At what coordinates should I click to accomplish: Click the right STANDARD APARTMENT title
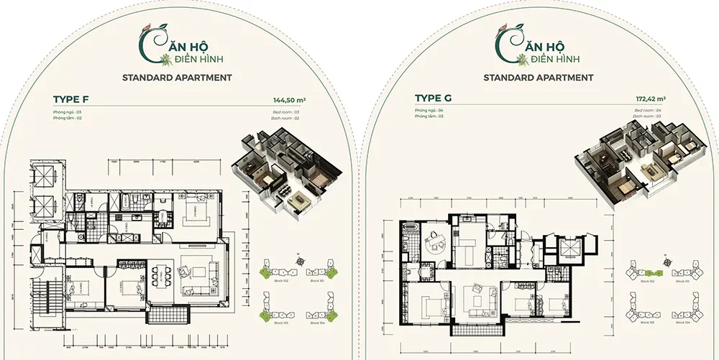pyautogui.click(x=539, y=77)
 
